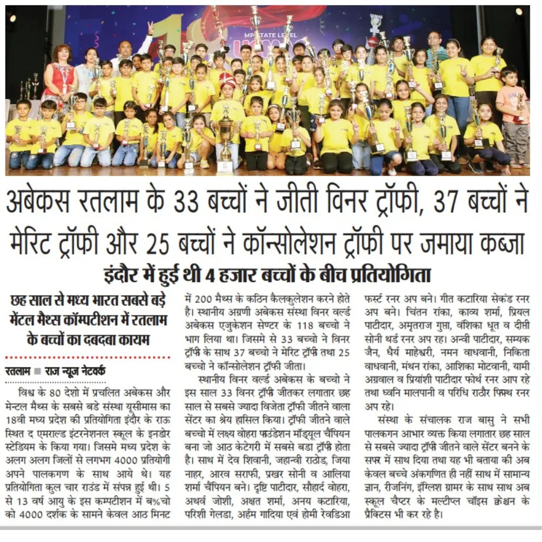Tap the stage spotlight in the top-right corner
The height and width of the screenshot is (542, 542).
point(519,11)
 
